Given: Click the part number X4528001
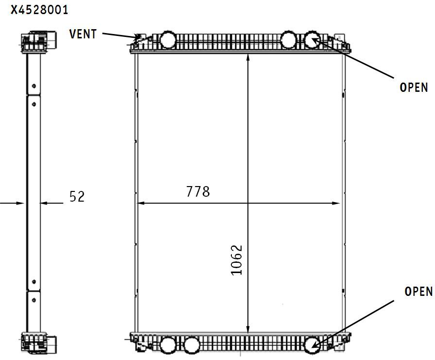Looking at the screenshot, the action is click(39, 10).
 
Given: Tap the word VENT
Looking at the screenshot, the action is click(83, 34).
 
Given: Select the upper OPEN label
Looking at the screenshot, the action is click(413, 87).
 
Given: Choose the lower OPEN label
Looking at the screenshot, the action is click(418, 291).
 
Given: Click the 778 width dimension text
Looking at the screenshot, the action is click(198, 191).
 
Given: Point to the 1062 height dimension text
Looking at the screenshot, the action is click(237, 260).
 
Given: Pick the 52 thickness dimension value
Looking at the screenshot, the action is click(77, 196).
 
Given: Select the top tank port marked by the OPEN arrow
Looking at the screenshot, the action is click(313, 39).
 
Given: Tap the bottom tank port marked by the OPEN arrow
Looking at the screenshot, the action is click(313, 345).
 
